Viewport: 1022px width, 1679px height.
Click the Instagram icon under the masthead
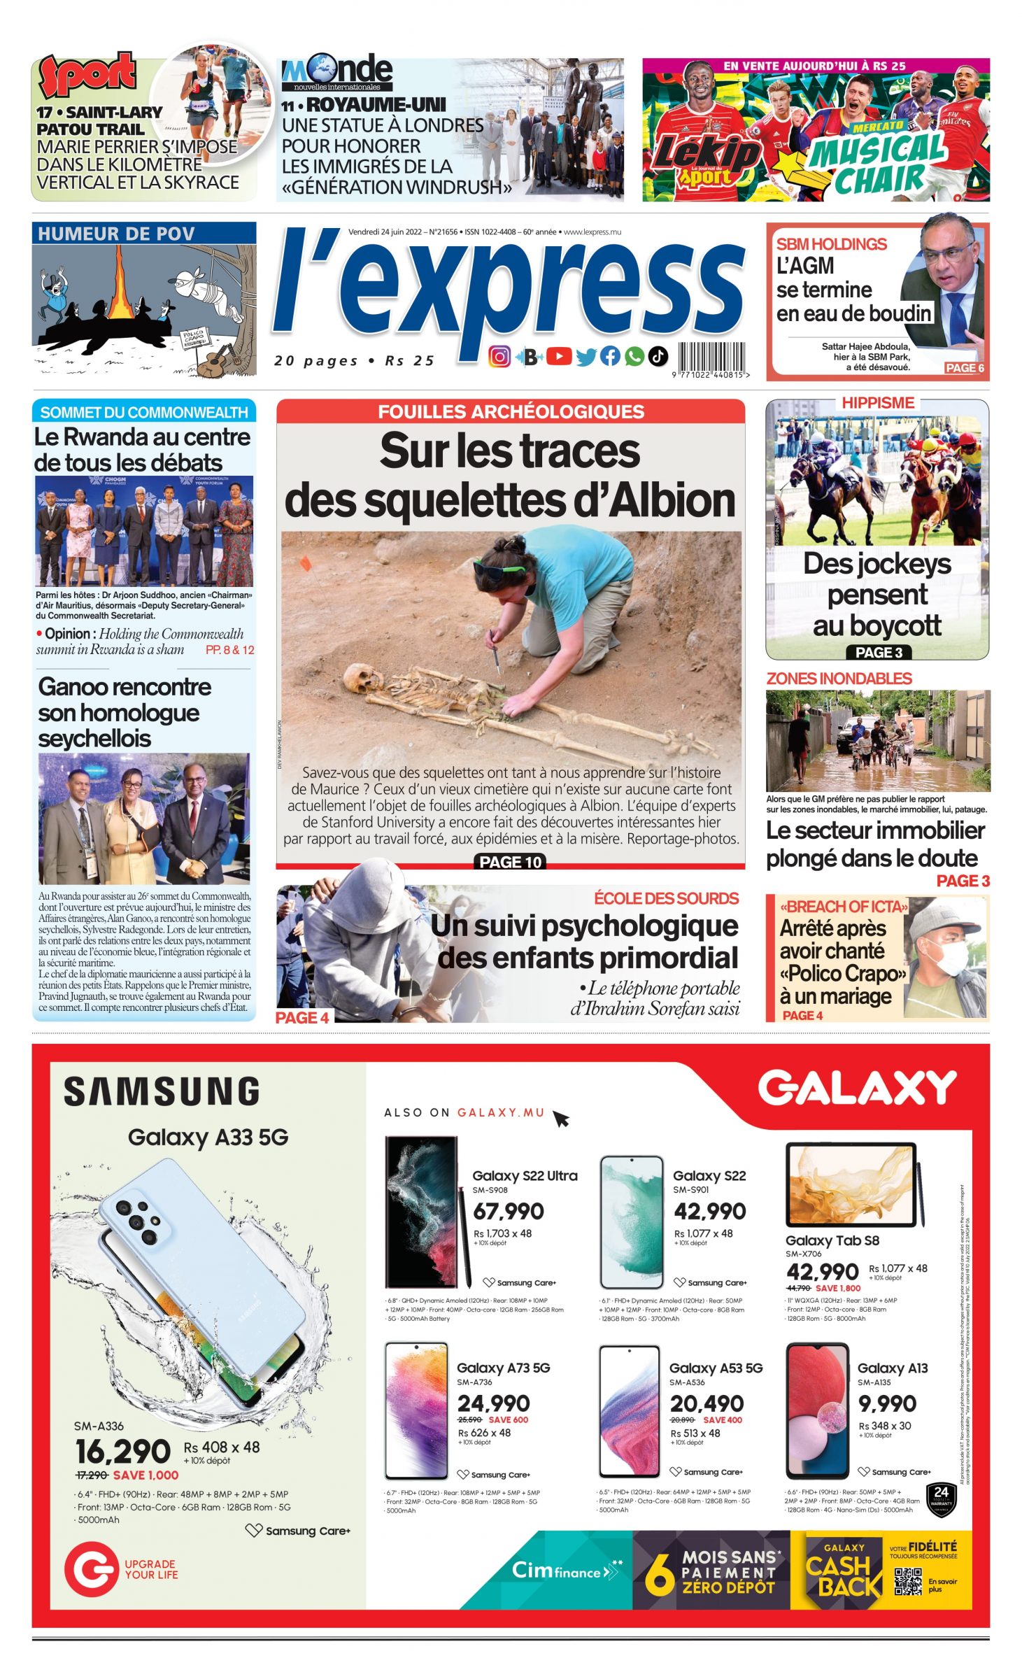click(499, 357)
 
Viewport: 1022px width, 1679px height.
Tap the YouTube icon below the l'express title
click(558, 357)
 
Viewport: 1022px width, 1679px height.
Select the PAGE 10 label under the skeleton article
click(511, 862)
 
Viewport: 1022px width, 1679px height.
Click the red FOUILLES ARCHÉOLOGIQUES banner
click(511, 411)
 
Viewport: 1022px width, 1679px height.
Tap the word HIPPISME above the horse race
click(878, 403)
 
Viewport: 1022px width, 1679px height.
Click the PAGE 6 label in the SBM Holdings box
click(965, 368)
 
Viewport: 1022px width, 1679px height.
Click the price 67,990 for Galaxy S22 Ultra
click(508, 1211)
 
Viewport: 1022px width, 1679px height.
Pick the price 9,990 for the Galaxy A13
click(887, 1403)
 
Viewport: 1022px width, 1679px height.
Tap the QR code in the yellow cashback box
click(907, 1582)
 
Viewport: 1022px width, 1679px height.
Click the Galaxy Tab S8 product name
click(832, 1240)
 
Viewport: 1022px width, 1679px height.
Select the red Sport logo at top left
click(87, 75)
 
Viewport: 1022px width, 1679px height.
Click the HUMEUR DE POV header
click(116, 234)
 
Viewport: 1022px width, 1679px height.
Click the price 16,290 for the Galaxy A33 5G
click(123, 1451)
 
